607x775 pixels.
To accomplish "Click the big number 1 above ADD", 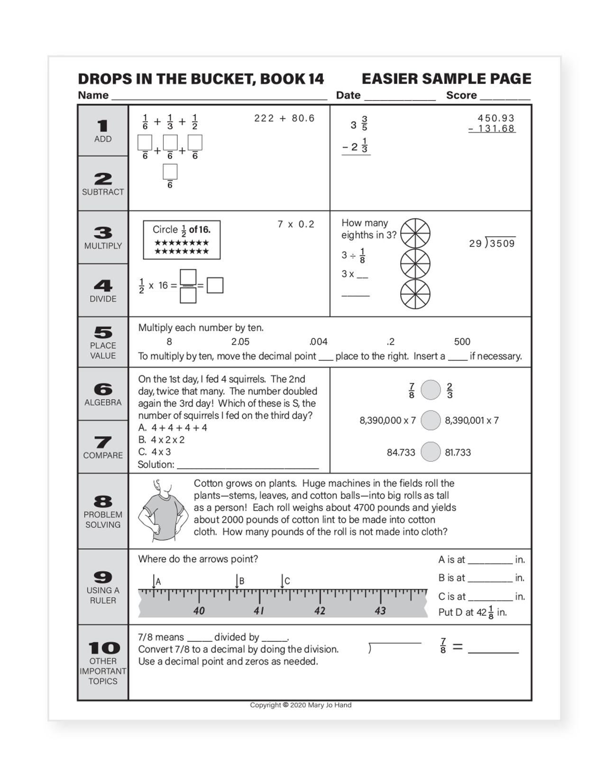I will [102, 126].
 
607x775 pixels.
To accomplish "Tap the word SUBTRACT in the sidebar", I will [103, 192].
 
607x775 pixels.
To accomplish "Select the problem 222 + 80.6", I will [284, 118].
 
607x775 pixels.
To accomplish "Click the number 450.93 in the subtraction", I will [496, 118].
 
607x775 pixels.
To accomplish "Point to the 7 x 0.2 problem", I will [296, 224].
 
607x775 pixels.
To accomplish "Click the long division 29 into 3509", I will [492, 243].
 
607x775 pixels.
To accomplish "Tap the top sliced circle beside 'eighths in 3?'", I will [415, 233].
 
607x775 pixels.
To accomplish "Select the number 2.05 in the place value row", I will [240, 342].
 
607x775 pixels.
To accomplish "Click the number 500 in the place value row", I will [462, 342].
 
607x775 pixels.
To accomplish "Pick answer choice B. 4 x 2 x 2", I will [162, 439].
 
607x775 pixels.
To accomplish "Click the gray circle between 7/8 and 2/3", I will [431, 390].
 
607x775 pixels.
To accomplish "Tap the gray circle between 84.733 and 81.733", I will [431, 452].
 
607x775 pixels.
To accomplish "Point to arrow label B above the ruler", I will [241, 581].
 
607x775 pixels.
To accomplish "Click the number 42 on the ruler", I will [320, 611].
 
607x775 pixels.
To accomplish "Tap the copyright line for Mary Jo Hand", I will [301, 705].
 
